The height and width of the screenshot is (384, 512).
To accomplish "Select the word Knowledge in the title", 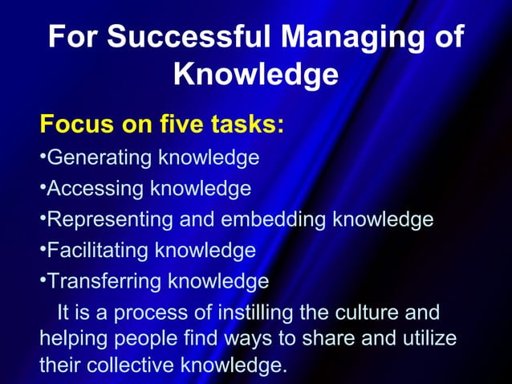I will (255, 75).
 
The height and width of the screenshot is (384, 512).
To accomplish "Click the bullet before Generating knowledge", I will (43, 156).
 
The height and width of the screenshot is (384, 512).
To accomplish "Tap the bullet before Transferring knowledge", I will (43, 280).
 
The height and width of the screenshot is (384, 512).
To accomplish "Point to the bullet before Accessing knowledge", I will (43, 187).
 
